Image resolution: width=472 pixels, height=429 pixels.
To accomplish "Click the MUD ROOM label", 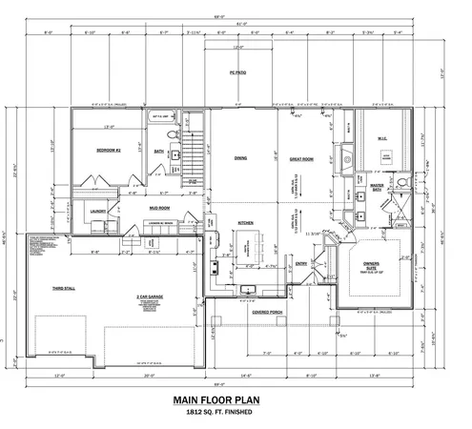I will coord(158,207).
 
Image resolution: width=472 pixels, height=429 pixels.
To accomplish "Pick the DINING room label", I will coord(240,159).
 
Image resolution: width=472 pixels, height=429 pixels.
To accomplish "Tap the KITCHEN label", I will coord(245,222).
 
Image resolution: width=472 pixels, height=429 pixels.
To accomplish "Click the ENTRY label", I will coord(301,263).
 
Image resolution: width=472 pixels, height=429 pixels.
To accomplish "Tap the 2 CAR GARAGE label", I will coord(148,296).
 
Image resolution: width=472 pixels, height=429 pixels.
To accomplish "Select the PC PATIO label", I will coord(239,72).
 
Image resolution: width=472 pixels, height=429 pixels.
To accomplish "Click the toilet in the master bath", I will coord(403,180).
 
